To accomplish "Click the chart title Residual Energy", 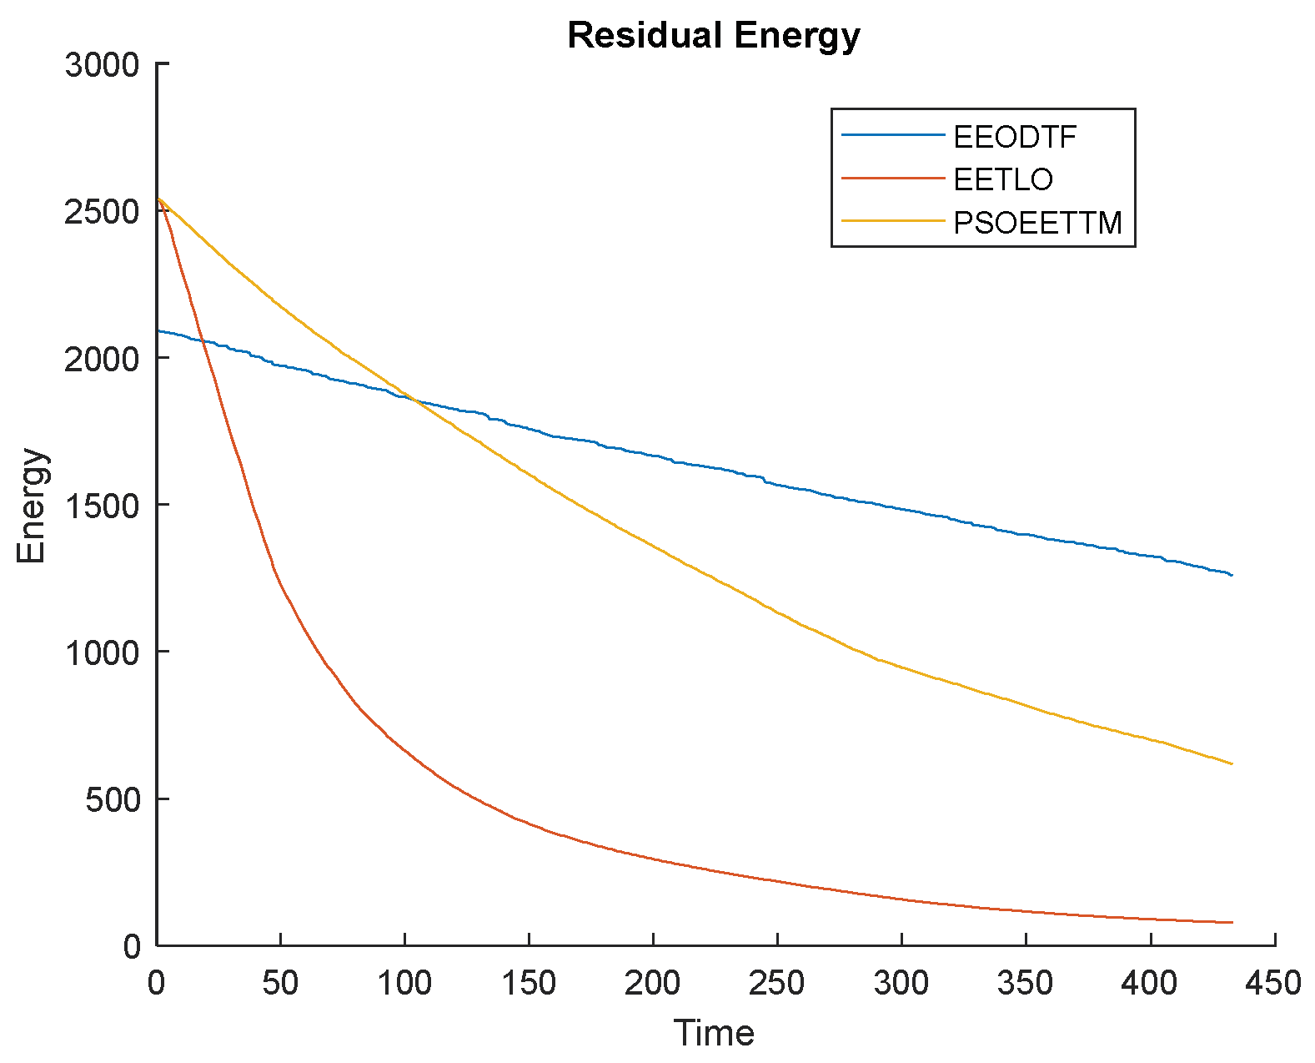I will pyautogui.click(x=713, y=36).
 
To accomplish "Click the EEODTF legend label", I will pyautogui.click(x=1015, y=136).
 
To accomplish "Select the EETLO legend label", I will pyautogui.click(x=1003, y=179).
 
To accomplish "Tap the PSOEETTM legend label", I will pyautogui.click(x=1037, y=223).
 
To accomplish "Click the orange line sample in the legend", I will pyautogui.click(x=892, y=178).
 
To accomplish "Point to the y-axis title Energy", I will pyautogui.click(x=33, y=506).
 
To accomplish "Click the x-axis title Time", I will pyautogui.click(x=714, y=1033).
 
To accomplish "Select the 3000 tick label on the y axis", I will pyautogui.click(x=102, y=65).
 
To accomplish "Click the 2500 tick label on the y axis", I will pyautogui.click(x=102, y=212).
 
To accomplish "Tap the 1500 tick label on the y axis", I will pyautogui.click(x=102, y=506).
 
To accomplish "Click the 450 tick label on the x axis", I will pyautogui.click(x=1273, y=983).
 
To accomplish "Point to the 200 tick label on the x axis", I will pyautogui.click(x=653, y=983).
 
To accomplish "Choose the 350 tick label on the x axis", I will pyautogui.click(x=1026, y=983).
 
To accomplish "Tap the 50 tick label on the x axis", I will pyautogui.click(x=280, y=983).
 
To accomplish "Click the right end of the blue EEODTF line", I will pyautogui.click(x=1232, y=575).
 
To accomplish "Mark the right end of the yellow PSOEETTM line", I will pyautogui.click(x=1232, y=763).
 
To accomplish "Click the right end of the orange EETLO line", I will pyautogui.click(x=1232, y=922).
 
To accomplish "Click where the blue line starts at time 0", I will pyautogui.click(x=158, y=331).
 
